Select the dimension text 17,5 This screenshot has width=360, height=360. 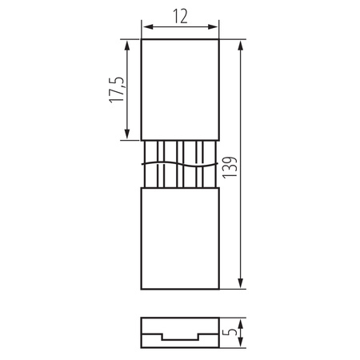click(x=116, y=90)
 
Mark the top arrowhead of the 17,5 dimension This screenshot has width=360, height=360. click(x=127, y=43)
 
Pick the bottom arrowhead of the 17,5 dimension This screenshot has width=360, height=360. click(x=127, y=137)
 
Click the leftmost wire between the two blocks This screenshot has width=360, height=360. click(x=145, y=164)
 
